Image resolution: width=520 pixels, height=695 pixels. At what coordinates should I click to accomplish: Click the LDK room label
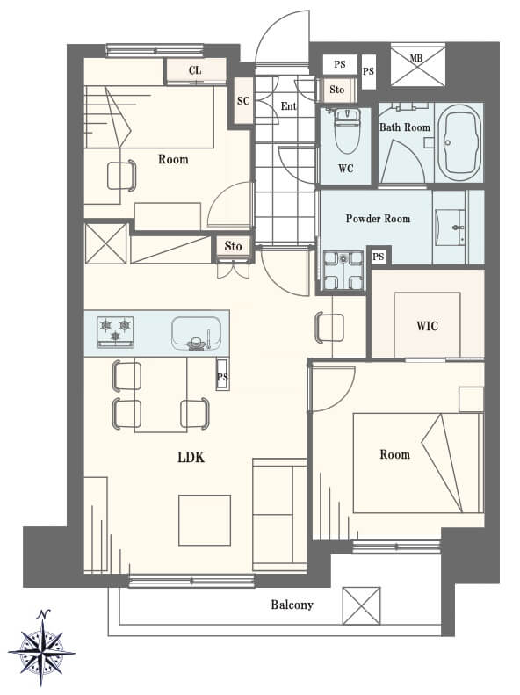coord(191,457)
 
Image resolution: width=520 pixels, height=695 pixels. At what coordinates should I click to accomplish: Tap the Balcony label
coord(292,605)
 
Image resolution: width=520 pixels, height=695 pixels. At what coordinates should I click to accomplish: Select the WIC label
coord(427,326)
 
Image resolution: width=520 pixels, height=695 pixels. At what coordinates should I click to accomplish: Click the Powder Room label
coord(378,219)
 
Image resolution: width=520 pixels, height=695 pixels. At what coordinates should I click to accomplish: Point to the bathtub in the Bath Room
coord(462,142)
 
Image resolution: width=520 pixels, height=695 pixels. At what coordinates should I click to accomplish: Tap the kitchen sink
coord(196,333)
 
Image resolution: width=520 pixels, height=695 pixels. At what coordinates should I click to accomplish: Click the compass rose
coord(41,649)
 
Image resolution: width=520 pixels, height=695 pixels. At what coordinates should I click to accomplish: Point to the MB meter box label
coord(415,58)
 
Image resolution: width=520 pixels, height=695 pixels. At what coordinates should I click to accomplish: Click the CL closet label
coord(195,70)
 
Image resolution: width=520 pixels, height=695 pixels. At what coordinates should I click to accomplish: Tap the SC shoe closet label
coord(243,101)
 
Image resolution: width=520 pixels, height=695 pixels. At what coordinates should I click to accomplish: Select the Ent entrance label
coord(288,106)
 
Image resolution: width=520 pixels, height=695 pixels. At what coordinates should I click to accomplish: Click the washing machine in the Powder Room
coord(343,271)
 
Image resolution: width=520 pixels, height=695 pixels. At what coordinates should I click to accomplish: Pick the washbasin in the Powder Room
coord(450,228)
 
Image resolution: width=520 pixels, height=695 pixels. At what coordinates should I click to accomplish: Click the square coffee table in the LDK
coord(205,520)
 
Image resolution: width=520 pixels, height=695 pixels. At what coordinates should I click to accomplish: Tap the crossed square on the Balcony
coord(361,605)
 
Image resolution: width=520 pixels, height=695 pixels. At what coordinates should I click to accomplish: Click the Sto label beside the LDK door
coord(233,246)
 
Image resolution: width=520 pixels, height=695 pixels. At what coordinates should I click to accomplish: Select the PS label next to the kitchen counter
coord(222,377)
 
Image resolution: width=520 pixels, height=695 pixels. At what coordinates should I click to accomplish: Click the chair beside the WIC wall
coord(329,328)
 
